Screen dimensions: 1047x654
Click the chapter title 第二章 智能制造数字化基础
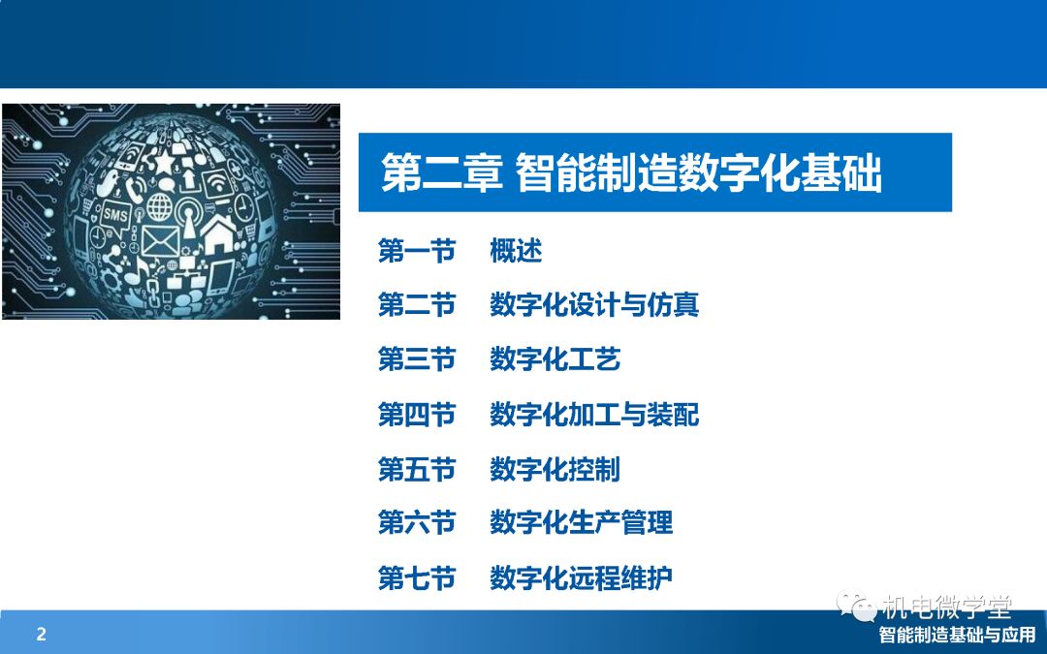631,172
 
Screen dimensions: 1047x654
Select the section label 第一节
416,252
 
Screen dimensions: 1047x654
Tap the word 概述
516,252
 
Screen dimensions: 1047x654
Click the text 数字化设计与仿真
594,305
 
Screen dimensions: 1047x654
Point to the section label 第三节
416,359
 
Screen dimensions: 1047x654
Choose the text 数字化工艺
555,359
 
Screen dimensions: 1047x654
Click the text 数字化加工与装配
594,415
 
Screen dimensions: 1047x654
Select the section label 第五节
416,469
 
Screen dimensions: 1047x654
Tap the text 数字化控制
555,469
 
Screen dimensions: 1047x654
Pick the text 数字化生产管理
581,522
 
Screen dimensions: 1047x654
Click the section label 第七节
416,577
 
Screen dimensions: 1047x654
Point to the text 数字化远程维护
581,577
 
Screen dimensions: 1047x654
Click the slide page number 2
42,634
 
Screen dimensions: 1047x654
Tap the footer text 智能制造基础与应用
957,635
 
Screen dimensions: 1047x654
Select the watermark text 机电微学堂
947,607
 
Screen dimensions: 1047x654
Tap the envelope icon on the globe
161,241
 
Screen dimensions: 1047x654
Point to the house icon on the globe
219,234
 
